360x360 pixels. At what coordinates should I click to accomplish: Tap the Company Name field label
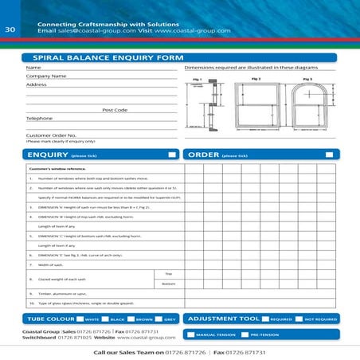(x=46, y=76)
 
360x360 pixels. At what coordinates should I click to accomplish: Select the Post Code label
(x=115, y=110)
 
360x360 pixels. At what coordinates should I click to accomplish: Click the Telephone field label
(x=39, y=118)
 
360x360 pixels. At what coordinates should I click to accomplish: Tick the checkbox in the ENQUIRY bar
(x=171, y=154)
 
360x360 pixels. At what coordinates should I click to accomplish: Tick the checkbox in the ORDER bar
(x=330, y=154)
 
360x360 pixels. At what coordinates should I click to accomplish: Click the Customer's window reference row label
(x=57, y=169)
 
